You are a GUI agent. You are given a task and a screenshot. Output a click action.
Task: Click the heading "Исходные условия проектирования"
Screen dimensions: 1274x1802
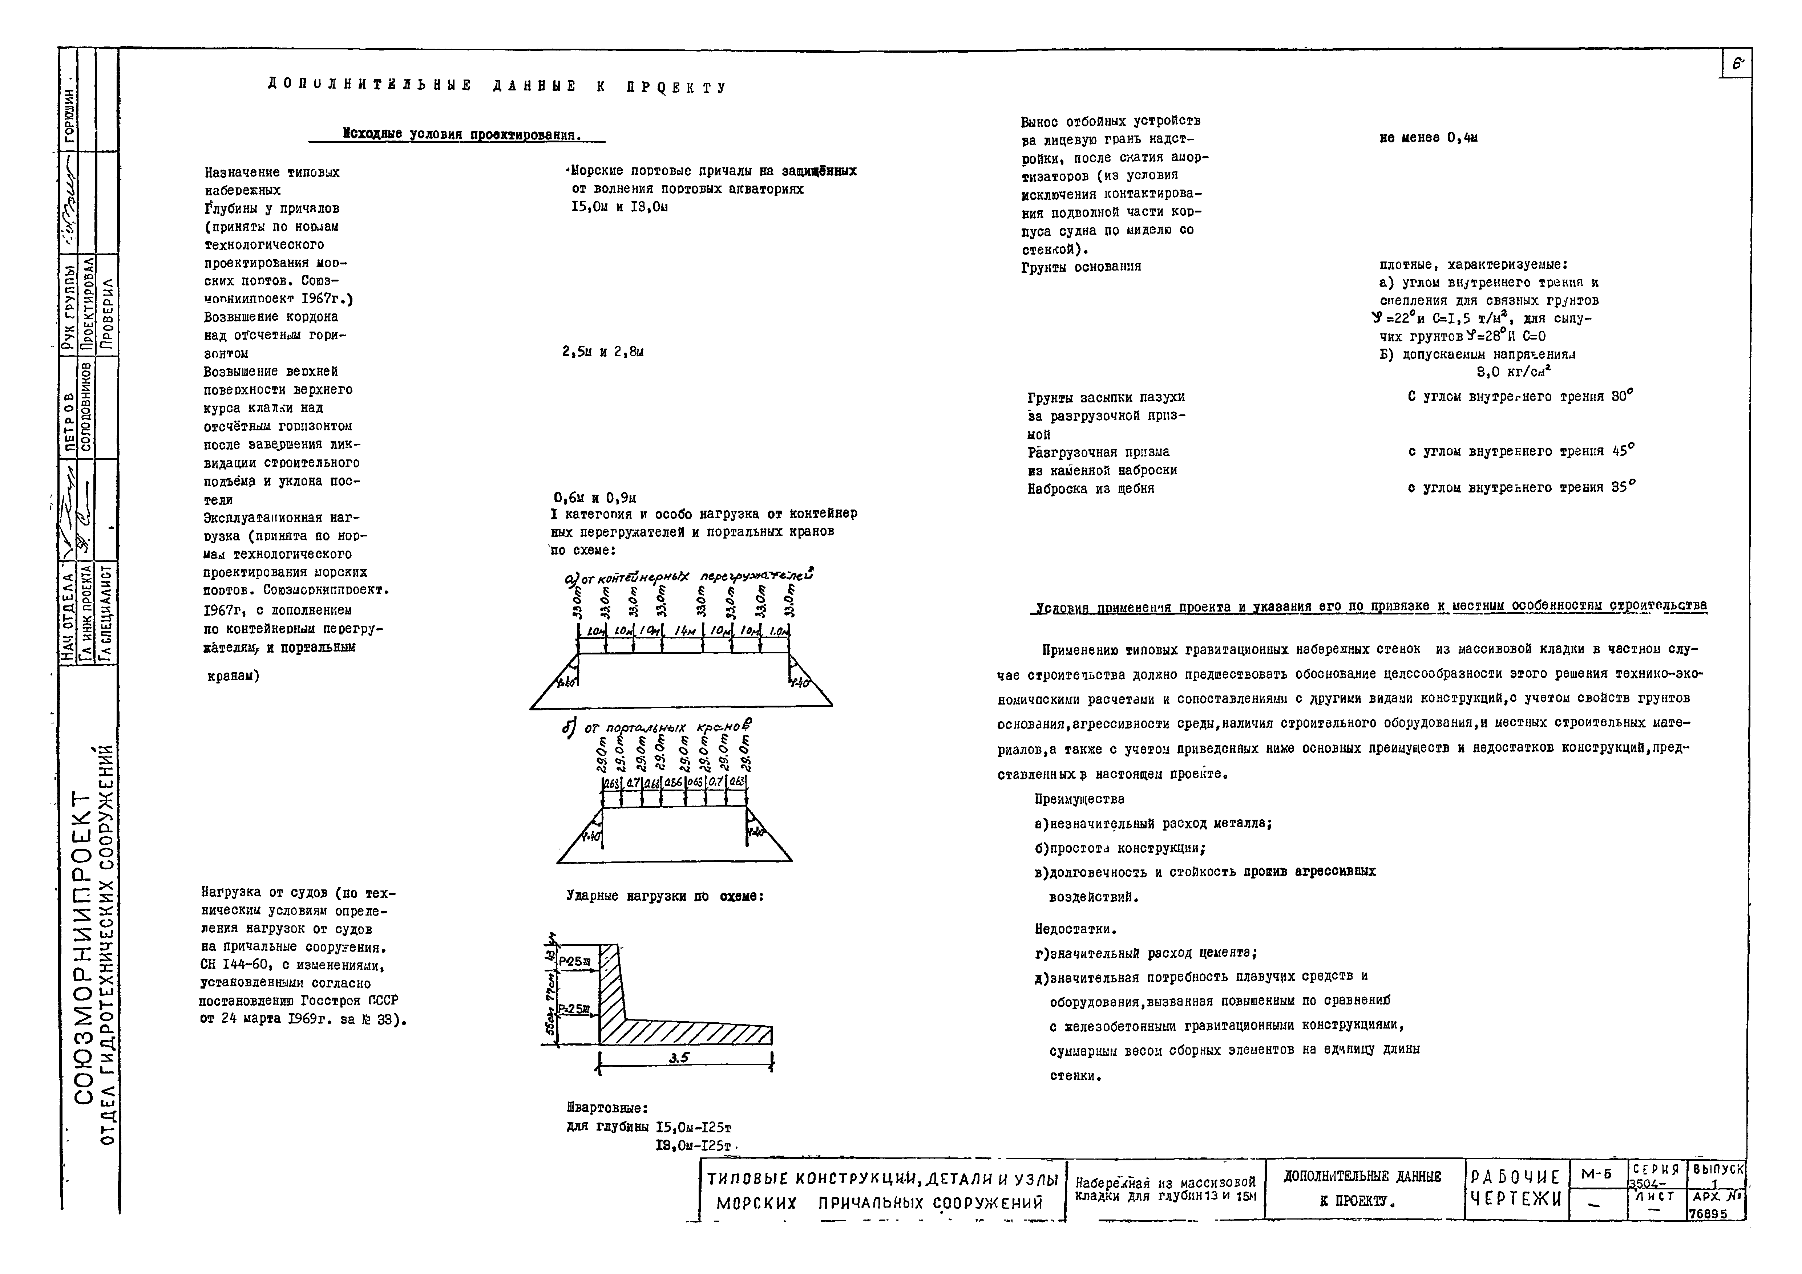pyautogui.click(x=462, y=135)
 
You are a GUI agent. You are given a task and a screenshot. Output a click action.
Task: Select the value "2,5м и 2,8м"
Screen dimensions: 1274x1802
pyautogui.click(x=603, y=352)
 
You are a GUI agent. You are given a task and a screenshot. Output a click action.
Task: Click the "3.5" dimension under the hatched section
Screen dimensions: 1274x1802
pyautogui.click(x=679, y=1058)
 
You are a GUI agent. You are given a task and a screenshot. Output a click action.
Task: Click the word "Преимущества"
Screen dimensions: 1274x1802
pyautogui.click(x=1079, y=799)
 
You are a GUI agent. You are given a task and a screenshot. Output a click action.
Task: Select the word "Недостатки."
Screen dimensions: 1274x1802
pyautogui.click(x=1075, y=929)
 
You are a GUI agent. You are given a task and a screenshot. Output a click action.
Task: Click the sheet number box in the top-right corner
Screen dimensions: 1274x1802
pyautogui.click(x=1737, y=64)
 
